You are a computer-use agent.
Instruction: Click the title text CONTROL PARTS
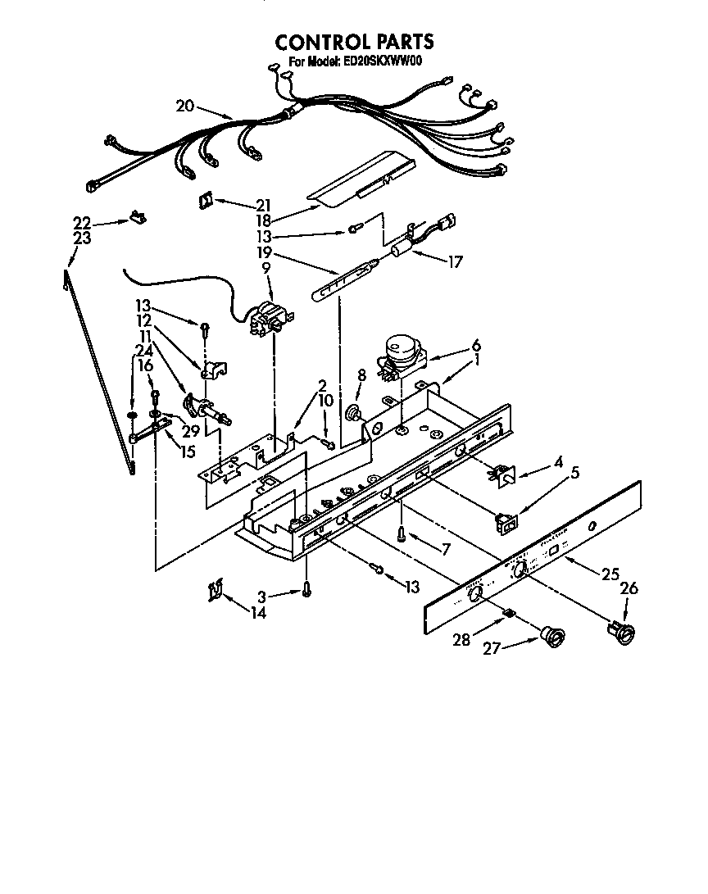353,42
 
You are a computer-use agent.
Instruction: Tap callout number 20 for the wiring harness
184,105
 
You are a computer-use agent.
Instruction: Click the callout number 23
81,238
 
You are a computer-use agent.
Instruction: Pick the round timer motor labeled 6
402,352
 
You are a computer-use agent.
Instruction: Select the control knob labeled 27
553,634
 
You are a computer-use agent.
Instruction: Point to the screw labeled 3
306,588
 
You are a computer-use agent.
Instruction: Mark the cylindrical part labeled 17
402,246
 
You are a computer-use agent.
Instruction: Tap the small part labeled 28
509,614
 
